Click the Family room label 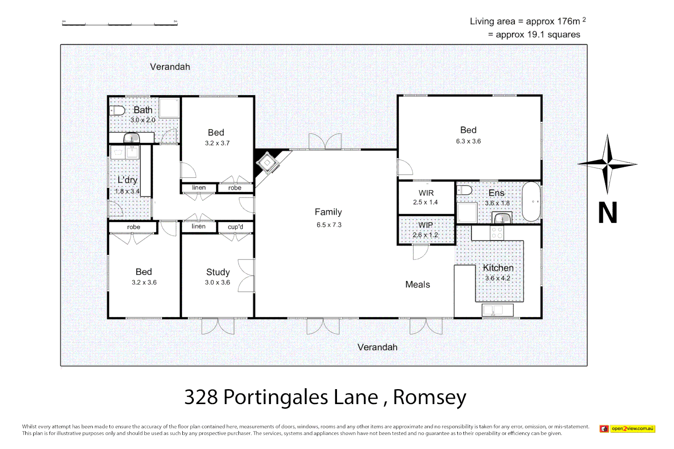[x=328, y=212]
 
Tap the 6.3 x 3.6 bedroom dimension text [x=468, y=141]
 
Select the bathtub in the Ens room [x=531, y=202]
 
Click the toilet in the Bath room [x=117, y=111]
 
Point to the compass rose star [x=607, y=164]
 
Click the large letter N [x=607, y=213]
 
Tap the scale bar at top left [x=120, y=24]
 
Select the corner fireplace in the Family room [x=267, y=163]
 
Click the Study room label [x=218, y=272]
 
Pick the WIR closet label [x=426, y=193]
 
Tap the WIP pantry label [x=425, y=225]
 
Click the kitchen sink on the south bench [x=498, y=310]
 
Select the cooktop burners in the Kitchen [x=497, y=233]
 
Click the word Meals [x=417, y=285]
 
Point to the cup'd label [x=235, y=227]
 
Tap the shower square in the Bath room [x=169, y=108]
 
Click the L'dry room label [x=127, y=180]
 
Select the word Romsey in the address [x=429, y=397]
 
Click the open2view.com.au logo [x=627, y=429]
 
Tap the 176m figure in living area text [x=568, y=21]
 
